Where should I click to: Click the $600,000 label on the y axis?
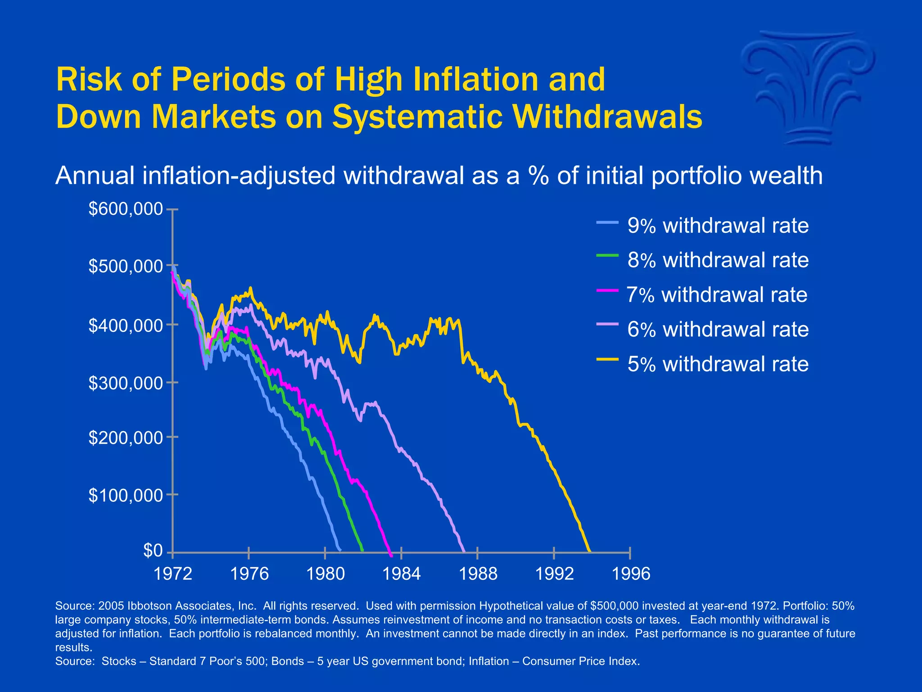click(x=125, y=209)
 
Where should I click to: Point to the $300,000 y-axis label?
click(x=125, y=383)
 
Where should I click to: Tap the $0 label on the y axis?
click(x=153, y=550)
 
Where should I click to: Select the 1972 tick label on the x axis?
click(x=173, y=574)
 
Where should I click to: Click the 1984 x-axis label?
click(x=401, y=574)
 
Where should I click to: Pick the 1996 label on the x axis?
click(x=631, y=574)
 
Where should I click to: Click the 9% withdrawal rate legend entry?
click(x=718, y=226)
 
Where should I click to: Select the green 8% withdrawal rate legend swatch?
click(x=607, y=256)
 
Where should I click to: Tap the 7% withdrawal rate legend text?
click(x=717, y=295)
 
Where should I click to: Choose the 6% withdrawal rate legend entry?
click(x=718, y=330)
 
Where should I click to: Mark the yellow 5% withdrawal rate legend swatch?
click(x=607, y=360)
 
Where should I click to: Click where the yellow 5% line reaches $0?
click(x=589, y=551)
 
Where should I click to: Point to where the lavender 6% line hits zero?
click(x=464, y=551)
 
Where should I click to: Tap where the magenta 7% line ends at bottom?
click(x=391, y=555)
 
